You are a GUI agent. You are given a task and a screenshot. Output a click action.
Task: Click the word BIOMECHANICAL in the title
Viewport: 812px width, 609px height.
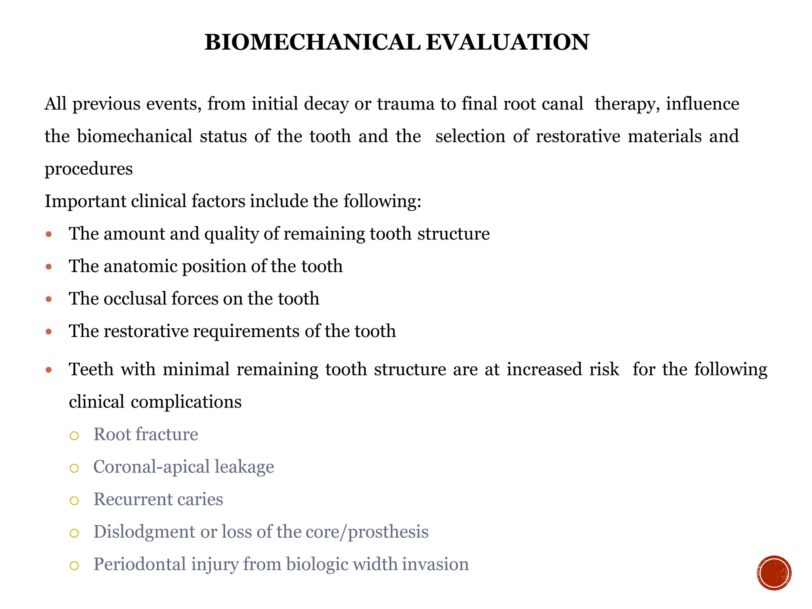click(x=312, y=42)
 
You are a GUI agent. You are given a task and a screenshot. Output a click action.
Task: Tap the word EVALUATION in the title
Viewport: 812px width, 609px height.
click(x=507, y=42)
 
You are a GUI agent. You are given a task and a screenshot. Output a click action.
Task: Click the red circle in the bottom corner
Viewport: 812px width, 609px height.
click(x=774, y=573)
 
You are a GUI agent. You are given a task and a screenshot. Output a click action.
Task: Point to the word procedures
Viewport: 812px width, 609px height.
click(x=88, y=169)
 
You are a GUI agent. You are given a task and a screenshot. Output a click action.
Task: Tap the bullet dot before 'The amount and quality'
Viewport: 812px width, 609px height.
click(x=49, y=234)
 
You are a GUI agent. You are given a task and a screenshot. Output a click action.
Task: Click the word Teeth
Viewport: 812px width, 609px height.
click(x=91, y=369)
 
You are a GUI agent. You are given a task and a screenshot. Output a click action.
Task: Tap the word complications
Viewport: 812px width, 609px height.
click(x=186, y=402)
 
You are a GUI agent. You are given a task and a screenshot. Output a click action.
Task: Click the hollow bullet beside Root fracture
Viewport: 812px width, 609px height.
click(x=74, y=436)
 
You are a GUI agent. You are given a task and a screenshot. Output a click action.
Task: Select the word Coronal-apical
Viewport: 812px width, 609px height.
click(x=151, y=467)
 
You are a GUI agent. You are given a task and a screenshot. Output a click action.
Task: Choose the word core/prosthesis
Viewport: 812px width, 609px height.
click(x=369, y=532)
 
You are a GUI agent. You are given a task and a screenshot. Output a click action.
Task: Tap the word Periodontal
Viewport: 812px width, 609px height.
click(x=139, y=564)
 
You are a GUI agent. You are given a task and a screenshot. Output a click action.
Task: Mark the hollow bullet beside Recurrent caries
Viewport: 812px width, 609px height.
click(x=74, y=501)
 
